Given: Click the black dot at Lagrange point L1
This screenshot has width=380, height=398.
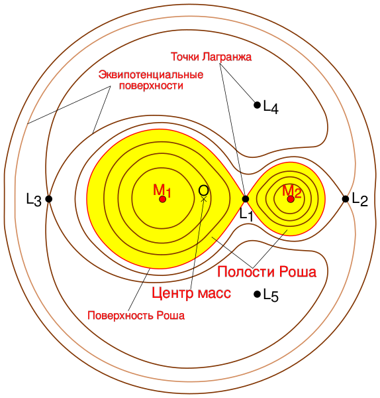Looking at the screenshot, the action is tap(245, 199).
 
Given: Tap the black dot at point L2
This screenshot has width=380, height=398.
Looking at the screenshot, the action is tap(346, 199).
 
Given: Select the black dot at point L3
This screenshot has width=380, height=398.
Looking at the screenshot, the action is tap(49, 199).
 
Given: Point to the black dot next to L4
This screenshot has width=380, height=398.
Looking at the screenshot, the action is tap(257, 105).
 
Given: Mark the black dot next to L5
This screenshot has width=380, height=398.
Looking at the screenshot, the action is tap(257, 294).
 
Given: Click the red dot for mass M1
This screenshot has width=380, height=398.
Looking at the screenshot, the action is tap(163, 199).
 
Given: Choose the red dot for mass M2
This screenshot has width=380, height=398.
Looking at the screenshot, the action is tap(291, 199).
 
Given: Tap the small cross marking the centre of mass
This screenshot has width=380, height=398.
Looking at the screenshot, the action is tap(204, 199).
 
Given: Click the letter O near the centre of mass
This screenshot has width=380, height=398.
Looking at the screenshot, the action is tap(203, 190).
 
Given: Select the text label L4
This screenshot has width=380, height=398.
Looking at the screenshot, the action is tap(271, 107).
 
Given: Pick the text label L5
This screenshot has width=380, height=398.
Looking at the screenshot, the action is tap(271, 296).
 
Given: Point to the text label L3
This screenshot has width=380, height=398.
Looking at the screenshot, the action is tap(34, 200).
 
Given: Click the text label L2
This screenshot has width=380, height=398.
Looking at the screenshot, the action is tap(360, 200).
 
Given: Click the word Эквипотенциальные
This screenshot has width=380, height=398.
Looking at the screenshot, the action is tap(151, 75).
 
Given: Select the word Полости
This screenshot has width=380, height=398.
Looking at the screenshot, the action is tap(246, 272).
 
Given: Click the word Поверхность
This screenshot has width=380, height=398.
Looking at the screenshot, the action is tap(120, 316).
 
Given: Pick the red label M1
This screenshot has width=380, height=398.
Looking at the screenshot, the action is tap(162, 190).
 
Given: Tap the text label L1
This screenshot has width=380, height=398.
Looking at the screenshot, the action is tap(246, 215).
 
